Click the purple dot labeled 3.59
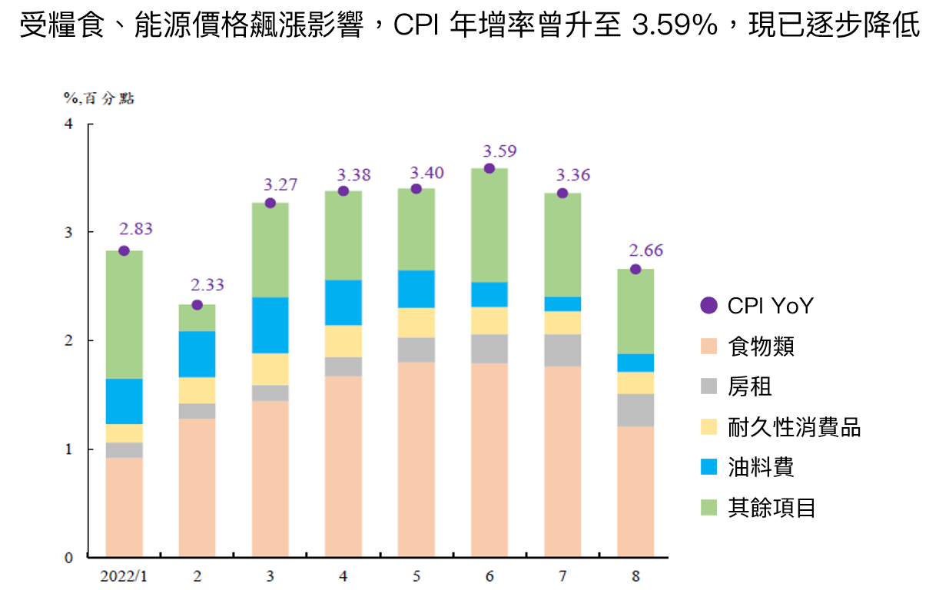point(489,168)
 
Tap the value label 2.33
point(207,285)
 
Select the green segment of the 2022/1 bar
point(124,315)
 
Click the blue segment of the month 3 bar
point(270,325)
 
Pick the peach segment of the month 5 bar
point(416,459)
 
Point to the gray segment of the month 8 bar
point(635,410)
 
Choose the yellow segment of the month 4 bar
point(343,341)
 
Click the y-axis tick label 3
point(69,232)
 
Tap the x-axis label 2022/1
point(124,576)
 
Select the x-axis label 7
point(562,576)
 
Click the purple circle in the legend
point(708,305)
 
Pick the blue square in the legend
point(708,466)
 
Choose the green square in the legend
point(708,507)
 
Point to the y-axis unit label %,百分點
point(99,98)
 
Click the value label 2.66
point(645,250)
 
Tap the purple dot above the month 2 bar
point(197,305)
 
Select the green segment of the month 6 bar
point(489,225)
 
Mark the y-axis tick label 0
point(69,558)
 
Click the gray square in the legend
point(708,386)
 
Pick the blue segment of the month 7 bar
point(562,303)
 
